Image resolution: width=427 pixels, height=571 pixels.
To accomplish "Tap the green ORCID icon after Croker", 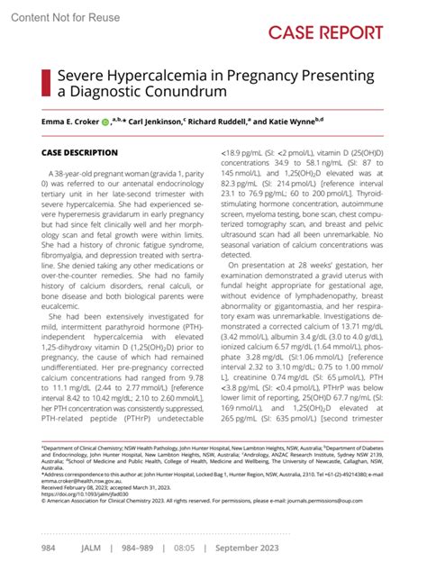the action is (x=105, y=120).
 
